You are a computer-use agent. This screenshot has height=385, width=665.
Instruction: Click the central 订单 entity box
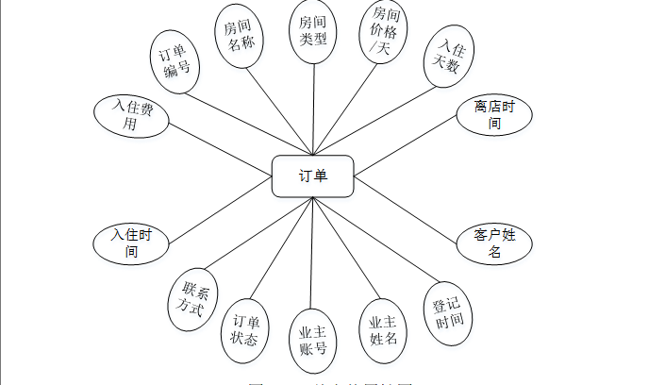[313, 176]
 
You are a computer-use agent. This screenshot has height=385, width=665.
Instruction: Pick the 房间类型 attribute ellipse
[311, 32]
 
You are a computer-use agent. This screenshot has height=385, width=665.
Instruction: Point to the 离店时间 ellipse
[494, 115]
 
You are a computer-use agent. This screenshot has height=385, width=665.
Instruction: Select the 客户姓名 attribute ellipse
[494, 244]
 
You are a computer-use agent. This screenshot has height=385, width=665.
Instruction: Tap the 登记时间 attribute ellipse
[448, 310]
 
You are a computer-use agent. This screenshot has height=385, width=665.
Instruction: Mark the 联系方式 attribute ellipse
[194, 301]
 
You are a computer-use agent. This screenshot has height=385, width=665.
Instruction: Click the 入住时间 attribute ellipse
[131, 243]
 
